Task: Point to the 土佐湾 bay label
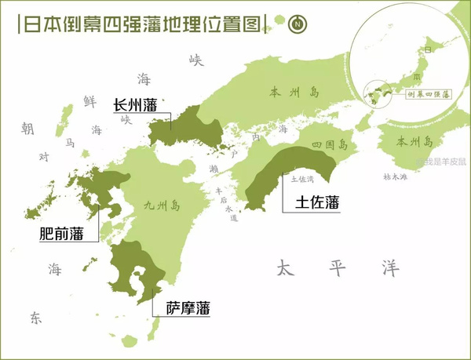pos(302,179)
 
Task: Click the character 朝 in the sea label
pos(27,128)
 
